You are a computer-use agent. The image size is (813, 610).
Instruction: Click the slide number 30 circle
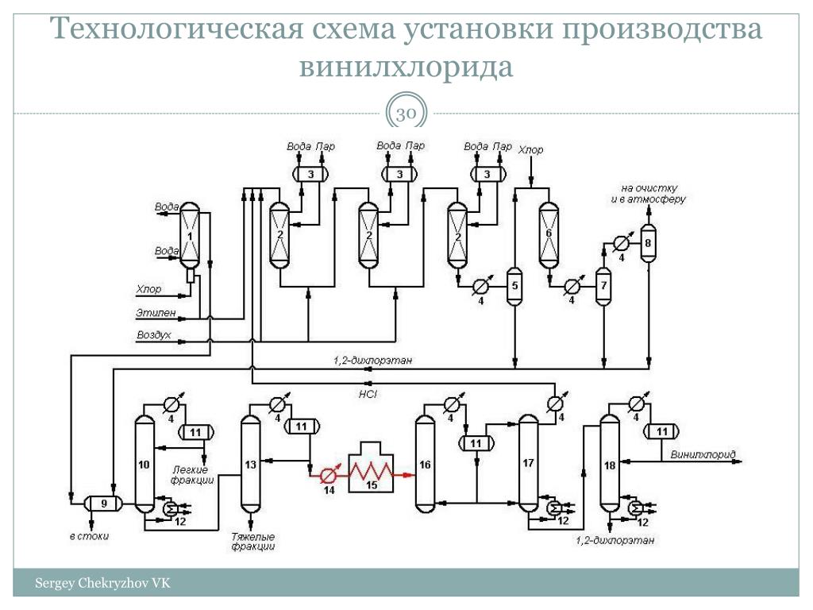click(406, 114)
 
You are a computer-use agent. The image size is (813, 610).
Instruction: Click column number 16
click(426, 465)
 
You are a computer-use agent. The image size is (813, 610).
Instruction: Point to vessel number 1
click(191, 236)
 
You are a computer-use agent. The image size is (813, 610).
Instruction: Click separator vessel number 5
click(514, 287)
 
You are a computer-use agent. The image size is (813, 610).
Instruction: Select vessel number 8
click(648, 244)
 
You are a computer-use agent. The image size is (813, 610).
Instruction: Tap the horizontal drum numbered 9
click(102, 502)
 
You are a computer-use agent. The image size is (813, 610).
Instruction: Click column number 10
click(144, 465)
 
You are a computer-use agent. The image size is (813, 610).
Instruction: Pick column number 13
click(251, 465)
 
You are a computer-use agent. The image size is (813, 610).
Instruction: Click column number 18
click(610, 465)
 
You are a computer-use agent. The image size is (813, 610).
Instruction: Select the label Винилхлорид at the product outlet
click(703, 455)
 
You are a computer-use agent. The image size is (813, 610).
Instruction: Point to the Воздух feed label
click(154, 336)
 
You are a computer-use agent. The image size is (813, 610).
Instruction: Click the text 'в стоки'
click(88, 536)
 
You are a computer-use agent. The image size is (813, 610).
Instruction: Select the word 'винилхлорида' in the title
click(406, 67)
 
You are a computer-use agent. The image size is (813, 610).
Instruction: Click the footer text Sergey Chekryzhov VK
click(102, 584)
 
